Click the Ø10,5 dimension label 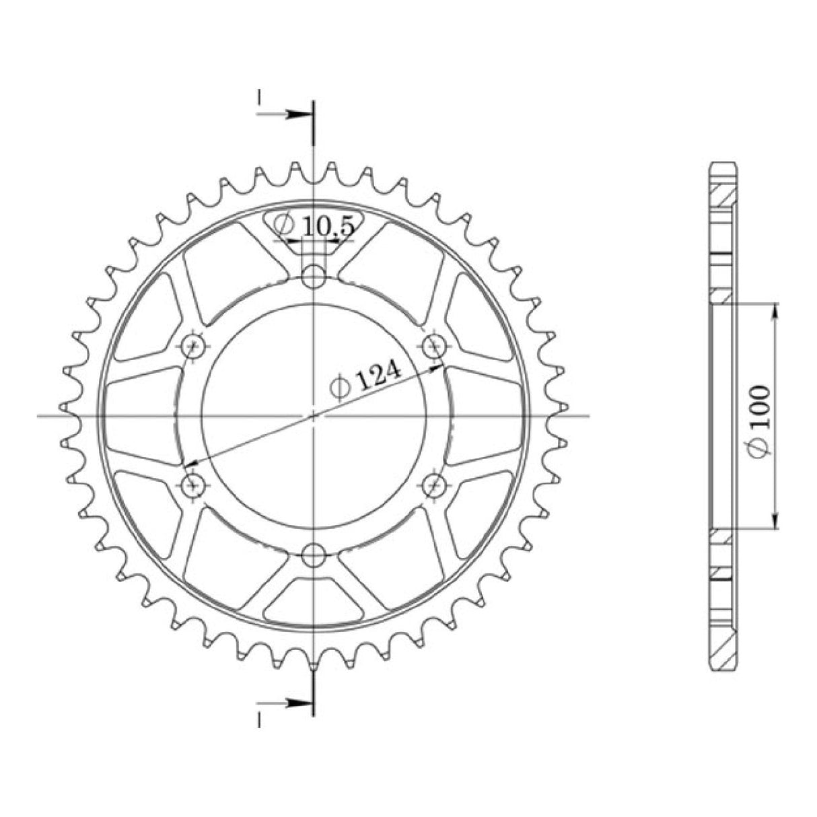pyautogui.click(x=315, y=226)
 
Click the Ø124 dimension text pyautogui.click(x=365, y=382)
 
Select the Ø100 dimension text pyautogui.click(x=760, y=423)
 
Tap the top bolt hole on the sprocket pyautogui.click(x=313, y=275)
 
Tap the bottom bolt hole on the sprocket pyautogui.click(x=313, y=555)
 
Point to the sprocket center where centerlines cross pyautogui.click(x=314, y=415)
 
